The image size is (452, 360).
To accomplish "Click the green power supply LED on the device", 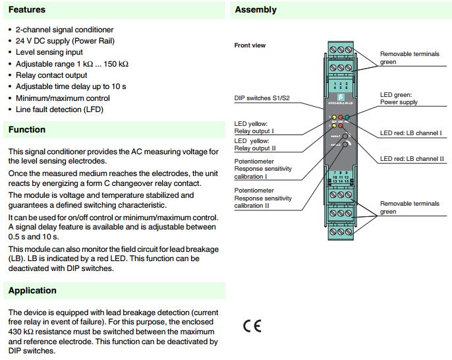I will (x=347, y=117).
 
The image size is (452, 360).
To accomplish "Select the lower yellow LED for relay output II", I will (x=335, y=125).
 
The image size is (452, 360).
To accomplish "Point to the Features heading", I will (x=27, y=11).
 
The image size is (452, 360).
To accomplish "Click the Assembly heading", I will (x=256, y=10).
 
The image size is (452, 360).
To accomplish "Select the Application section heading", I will (x=32, y=291).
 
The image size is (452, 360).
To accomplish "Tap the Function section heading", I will (x=27, y=130).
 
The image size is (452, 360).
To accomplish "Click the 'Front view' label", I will (x=250, y=45).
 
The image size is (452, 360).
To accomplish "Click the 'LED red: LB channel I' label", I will (x=411, y=134).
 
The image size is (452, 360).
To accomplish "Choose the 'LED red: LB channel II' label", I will (x=412, y=159).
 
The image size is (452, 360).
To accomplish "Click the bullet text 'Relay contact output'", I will (x=55, y=75).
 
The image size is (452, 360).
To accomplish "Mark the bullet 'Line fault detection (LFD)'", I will (x=59, y=109).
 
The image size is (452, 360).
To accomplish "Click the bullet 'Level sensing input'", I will (x=49, y=52).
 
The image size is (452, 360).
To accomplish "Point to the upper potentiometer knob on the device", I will (x=345, y=137).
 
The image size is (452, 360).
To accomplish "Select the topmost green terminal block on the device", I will (x=341, y=50).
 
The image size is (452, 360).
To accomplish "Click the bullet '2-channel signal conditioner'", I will (x=65, y=30).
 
